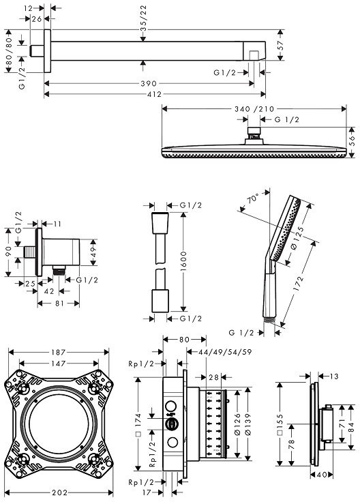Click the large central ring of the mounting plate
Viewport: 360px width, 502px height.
59,422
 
